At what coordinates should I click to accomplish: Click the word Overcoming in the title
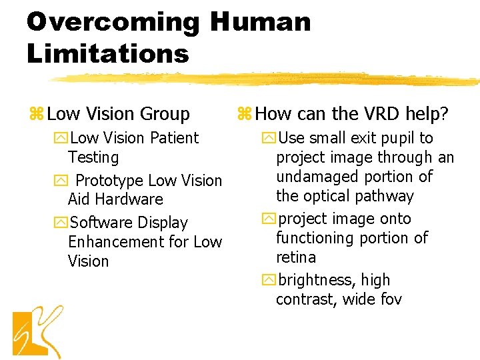113,22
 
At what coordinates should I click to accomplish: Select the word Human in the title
261,22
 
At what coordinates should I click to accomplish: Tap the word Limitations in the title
108,53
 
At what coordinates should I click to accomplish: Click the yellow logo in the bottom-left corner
38,331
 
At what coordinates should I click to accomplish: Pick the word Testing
93,157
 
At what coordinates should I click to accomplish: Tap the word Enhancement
116,241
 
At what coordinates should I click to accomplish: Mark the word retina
296,257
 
